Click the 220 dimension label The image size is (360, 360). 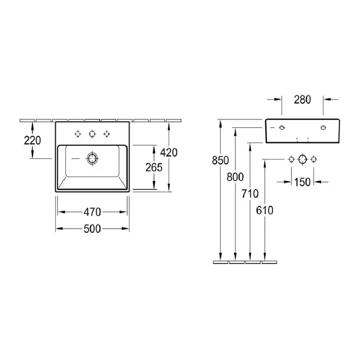[32, 140]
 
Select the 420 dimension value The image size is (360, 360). [169, 152]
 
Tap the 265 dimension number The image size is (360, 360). [154, 167]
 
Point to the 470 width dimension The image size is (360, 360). [92, 212]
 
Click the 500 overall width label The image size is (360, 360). [92, 229]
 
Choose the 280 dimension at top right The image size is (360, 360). [302, 100]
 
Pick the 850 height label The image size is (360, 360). [220, 160]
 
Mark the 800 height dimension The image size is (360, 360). [235, 177]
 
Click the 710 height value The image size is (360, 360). [250, 194]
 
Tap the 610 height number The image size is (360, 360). [265, 211]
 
